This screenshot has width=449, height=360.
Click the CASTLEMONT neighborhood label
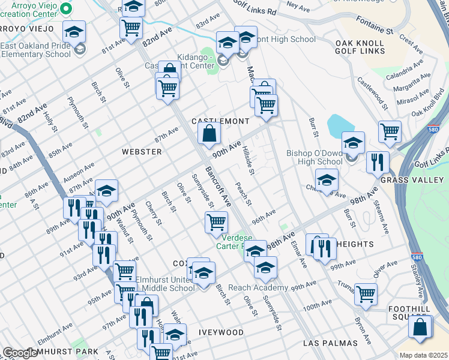220,121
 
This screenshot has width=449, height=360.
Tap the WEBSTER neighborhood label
142,152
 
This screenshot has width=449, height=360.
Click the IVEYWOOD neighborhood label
221,332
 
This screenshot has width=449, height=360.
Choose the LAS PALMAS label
331,343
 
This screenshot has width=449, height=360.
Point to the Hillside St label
251,162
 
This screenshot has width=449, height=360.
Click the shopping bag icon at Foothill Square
420,328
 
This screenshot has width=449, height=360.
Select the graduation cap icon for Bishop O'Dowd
353,143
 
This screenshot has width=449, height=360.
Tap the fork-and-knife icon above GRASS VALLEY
378,162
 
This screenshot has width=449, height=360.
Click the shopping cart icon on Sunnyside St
216,223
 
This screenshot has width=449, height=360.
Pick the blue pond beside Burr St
340,125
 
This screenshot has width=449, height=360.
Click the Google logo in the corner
19,353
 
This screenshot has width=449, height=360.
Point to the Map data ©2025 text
423,355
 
